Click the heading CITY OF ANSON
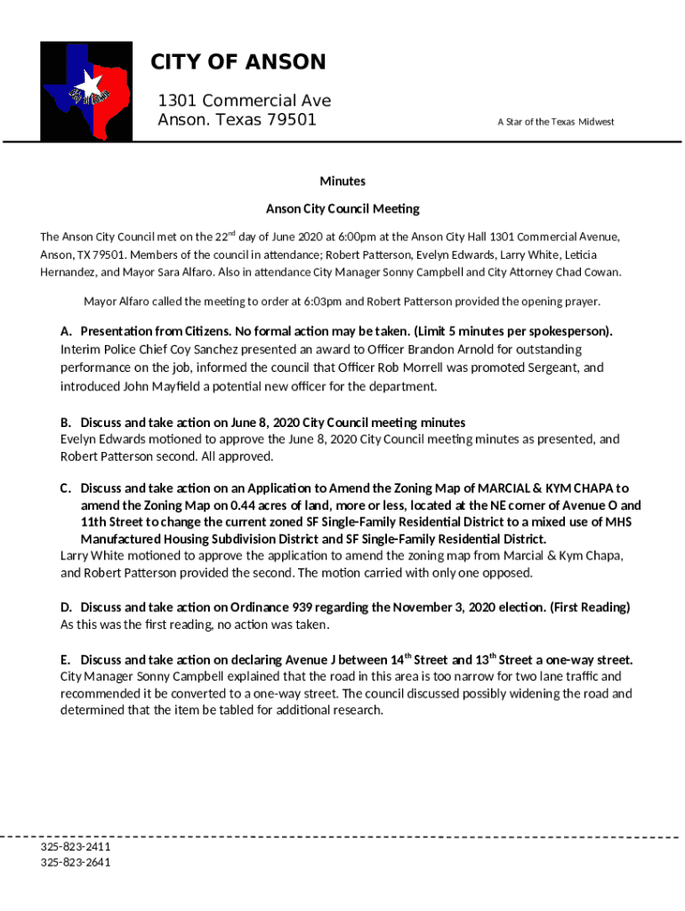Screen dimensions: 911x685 [238, 62]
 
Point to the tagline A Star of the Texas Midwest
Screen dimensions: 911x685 [556, 122]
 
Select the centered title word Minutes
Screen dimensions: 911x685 [342, 181]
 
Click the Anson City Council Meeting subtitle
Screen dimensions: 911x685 [342, 209]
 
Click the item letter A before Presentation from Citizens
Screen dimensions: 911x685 [65, 332]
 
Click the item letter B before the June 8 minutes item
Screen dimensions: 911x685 [65, 422]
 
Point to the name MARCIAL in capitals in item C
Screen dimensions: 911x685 [510, 488]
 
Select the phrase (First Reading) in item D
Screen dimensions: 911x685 [590, 608]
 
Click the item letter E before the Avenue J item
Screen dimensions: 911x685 [65, 660]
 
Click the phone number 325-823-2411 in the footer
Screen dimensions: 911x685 [76, 847]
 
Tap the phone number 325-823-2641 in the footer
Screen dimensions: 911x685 [76, 862]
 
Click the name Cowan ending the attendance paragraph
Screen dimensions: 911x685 [601, 272]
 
